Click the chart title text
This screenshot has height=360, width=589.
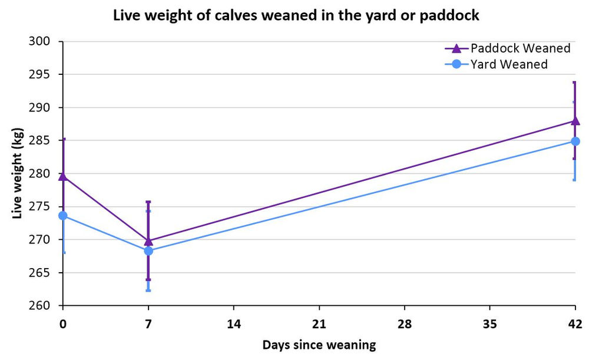[x=296, y=16]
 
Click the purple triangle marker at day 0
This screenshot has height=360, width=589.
[x=64, y=176]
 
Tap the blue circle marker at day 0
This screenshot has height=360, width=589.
[x=64, y=216]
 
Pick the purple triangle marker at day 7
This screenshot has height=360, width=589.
[x=148, y=240]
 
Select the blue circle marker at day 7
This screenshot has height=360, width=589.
[x=148, y=251]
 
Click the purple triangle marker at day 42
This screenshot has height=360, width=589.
[x=575, y=121]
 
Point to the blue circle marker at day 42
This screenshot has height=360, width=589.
[x=575, y=141]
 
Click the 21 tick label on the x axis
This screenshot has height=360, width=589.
[x=319, y=324]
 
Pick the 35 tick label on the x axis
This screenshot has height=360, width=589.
[x=489, y=324]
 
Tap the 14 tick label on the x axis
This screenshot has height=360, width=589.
[x=234, y=324]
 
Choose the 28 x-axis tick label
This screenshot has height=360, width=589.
[x=405, y=324]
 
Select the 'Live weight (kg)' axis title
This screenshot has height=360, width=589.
[x=17, y=174]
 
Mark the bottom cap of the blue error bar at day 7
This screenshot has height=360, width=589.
[x=148, y=290]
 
